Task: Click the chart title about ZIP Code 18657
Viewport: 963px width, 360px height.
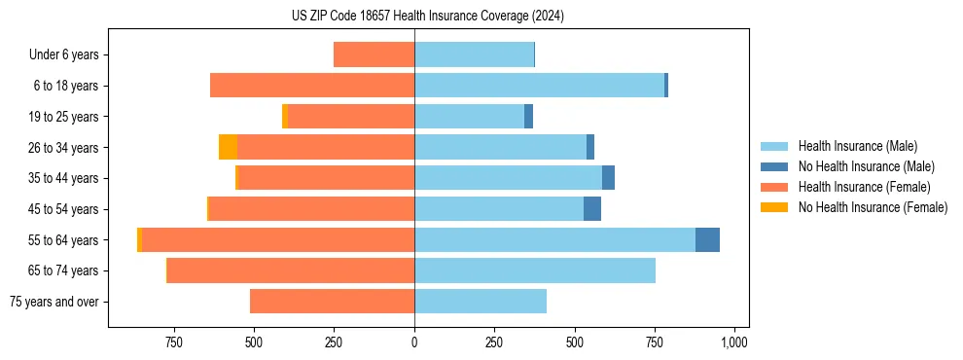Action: [428, 17]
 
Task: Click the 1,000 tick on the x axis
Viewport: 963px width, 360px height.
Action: [734, 342]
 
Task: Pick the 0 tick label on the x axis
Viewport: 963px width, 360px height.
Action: [414, 342]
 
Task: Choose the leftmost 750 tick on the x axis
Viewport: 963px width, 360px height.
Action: [174, 342]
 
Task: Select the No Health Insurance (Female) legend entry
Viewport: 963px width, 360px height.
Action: [873, 207]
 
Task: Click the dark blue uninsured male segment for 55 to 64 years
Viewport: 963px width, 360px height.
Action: [707, 239]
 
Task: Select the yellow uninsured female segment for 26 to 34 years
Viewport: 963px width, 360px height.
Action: [228, 147]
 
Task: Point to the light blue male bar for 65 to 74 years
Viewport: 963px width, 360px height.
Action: [535, 270]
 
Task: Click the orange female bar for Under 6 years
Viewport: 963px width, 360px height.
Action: [374, 54]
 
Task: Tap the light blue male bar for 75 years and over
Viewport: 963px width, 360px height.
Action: [481, 302]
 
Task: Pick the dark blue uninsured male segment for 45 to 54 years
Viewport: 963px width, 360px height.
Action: [592, 209]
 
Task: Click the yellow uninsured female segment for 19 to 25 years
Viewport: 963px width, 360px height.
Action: [285, 117]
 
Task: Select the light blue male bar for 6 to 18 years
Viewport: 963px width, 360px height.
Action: [539, 86]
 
